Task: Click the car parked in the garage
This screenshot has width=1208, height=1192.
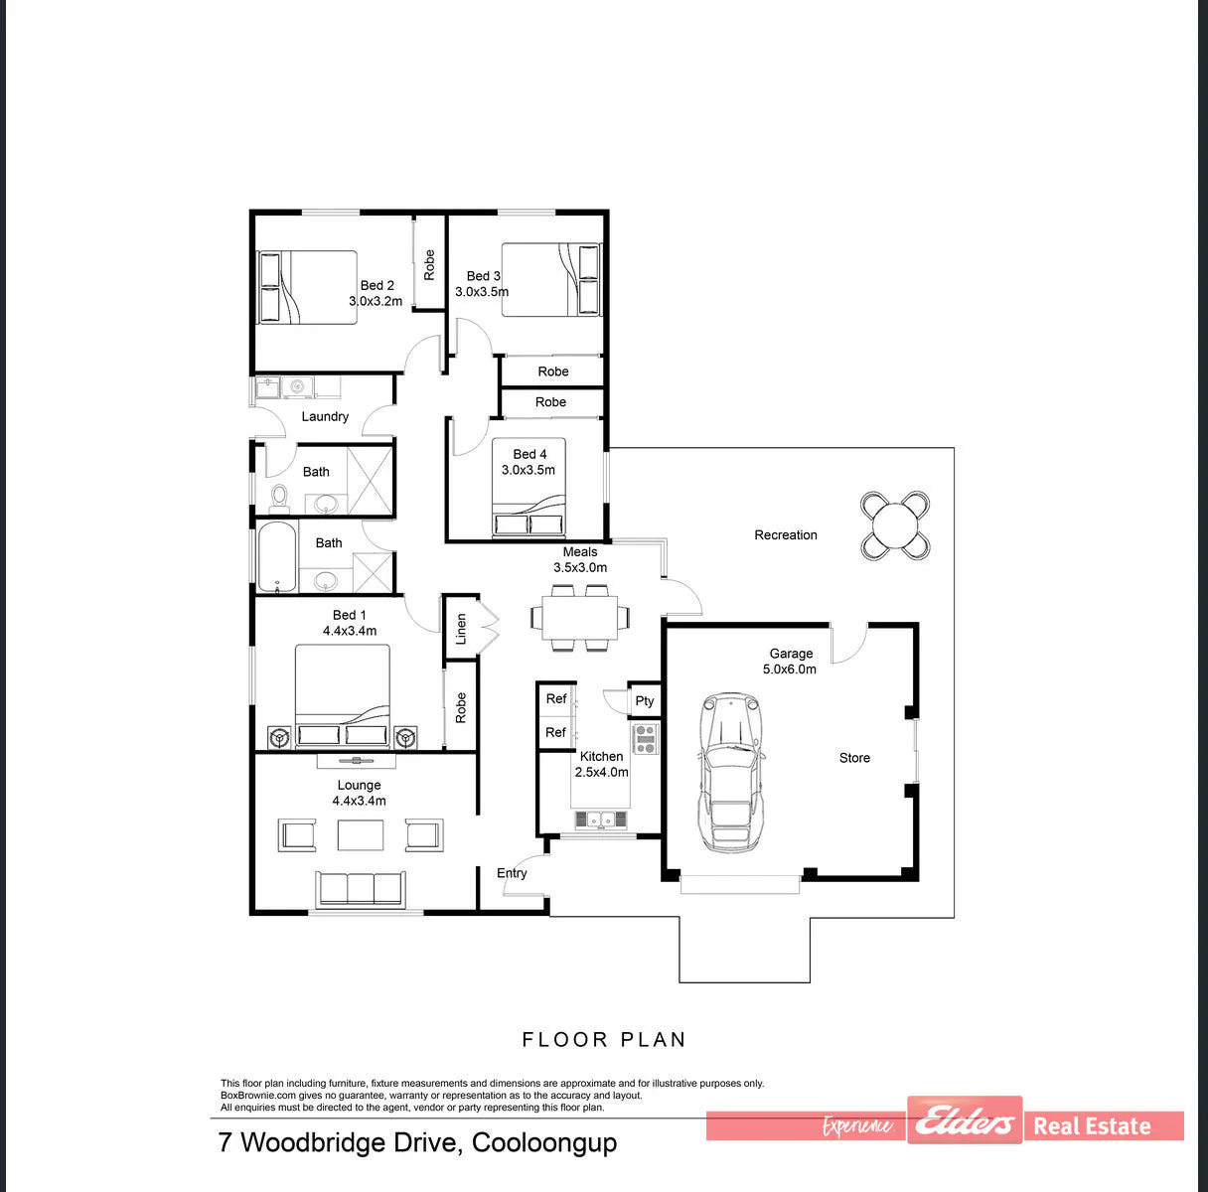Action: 731,773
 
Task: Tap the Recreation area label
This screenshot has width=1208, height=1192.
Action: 786,534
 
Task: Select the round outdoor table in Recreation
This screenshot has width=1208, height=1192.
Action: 894,525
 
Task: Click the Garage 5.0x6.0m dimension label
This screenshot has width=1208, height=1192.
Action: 790,661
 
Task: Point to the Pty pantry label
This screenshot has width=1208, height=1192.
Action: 645,701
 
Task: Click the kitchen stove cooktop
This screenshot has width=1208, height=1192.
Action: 645,739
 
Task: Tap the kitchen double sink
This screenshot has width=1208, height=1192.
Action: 601,819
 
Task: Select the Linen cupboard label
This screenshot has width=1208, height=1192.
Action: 461,629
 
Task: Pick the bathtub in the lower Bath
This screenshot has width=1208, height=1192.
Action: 276,556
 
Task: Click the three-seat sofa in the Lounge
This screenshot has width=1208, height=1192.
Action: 360,888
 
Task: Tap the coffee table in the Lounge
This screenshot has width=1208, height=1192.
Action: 361,835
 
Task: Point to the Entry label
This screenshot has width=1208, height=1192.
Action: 512,873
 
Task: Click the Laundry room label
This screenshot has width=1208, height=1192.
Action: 325,416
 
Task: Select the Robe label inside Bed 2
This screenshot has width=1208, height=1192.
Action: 429,264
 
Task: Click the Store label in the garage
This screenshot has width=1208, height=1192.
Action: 854,758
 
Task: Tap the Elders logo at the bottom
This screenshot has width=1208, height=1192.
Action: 965,1120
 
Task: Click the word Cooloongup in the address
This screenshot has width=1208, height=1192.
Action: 544,1143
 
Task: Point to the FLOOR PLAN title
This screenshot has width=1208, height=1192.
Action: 604,1040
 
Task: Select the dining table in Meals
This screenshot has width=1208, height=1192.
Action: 580,617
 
